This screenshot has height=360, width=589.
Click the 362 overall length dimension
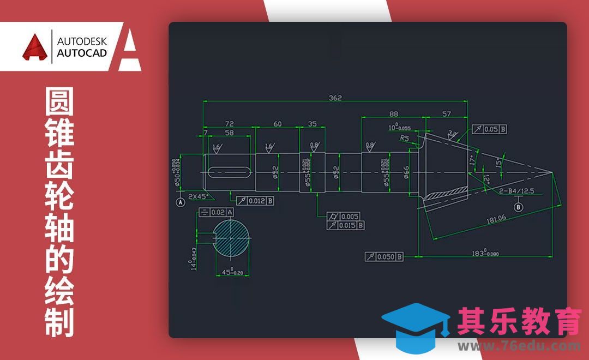[x=335, y=98]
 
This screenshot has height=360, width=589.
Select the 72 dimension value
[x=229, y=124]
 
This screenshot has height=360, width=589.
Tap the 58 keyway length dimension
[x=229, y=133]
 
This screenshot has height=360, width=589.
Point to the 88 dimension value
[x=393, y=113]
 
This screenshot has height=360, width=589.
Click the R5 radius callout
[x=404, y=139]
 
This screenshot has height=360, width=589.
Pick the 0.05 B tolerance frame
[x=489, y=129]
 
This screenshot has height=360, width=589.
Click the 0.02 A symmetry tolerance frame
[x=217, y=212]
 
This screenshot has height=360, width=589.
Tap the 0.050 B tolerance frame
[x=384, y=256]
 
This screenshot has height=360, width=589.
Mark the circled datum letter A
[x=181, y=202]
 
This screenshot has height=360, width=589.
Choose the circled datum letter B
[x=519, y=207]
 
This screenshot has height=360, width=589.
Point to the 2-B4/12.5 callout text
[x=516, y=190]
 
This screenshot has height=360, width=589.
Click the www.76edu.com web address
[x=519, y=346]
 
